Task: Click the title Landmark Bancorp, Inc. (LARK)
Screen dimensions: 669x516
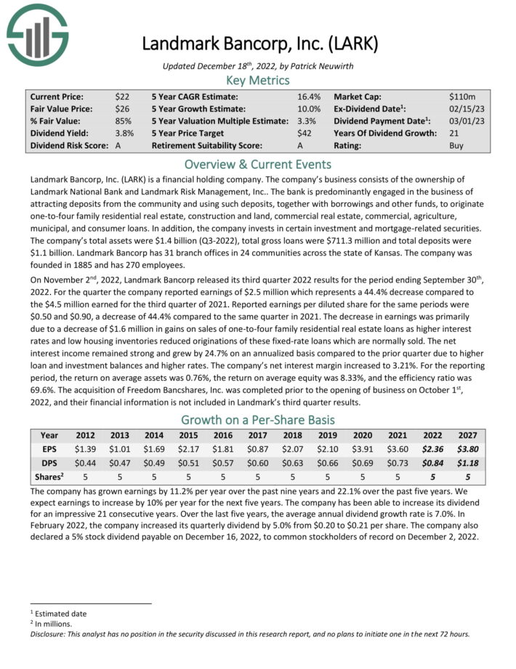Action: (259, 43)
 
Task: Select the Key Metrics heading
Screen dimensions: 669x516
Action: (258, 80)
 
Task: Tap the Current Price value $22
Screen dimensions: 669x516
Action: (122, 96)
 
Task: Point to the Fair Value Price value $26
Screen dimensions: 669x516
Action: (122, 108)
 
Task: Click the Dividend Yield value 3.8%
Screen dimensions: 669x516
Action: (124, 133)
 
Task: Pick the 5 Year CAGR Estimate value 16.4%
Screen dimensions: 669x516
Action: (309, 96)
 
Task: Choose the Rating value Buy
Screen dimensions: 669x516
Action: (456, 146)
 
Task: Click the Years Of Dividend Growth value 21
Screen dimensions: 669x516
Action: (455, 133)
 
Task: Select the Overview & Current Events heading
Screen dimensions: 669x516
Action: (258, 164)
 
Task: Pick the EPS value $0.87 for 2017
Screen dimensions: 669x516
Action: (259, 448)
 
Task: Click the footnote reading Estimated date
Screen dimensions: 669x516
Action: (60, 614)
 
